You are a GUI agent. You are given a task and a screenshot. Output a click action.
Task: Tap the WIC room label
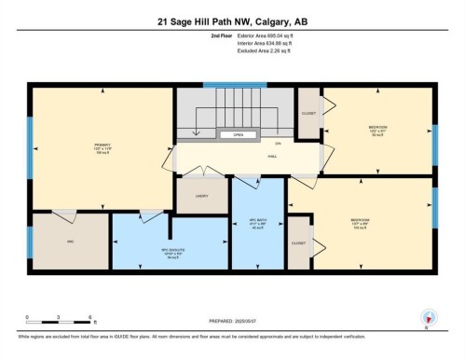(x=69, y=242)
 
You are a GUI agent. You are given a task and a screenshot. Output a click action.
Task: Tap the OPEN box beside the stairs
(x=239, y=134)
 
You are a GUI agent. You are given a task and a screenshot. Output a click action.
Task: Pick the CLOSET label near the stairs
(x=308, y=113)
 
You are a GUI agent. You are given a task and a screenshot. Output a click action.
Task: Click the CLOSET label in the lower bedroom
(x=298, y=242)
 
